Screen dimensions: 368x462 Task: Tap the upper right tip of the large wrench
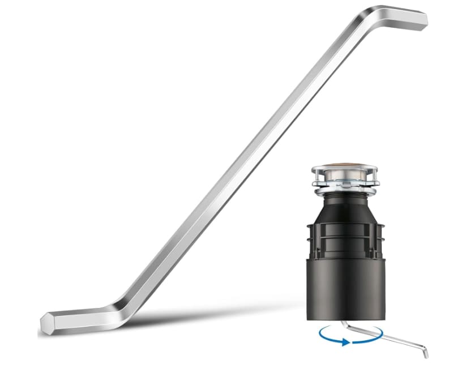click(423, 20)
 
